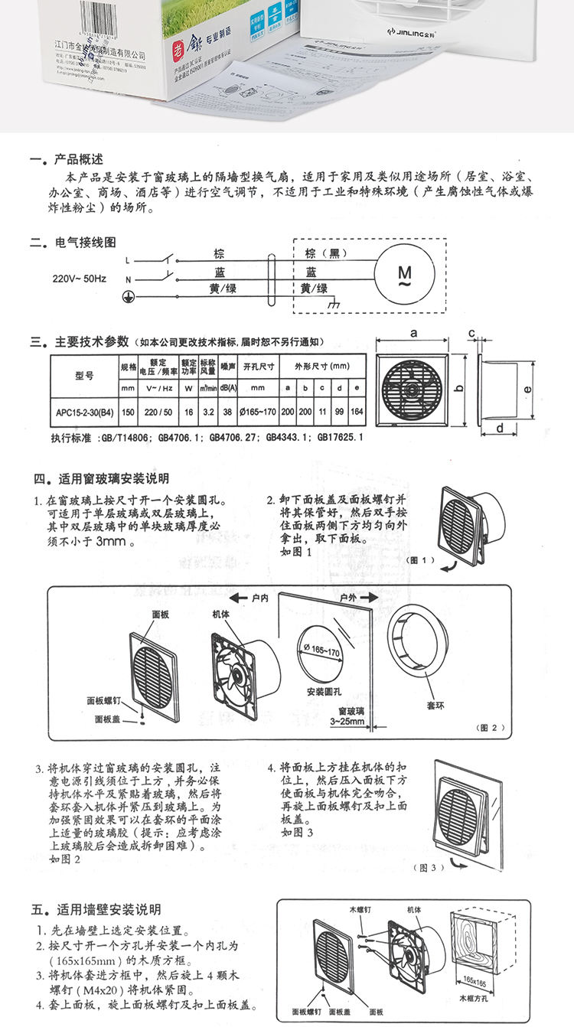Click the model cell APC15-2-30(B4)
[x=84, y=412]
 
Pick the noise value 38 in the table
[x=227, y=412]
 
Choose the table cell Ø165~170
[x=256, y=412]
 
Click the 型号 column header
[x=84, y=376]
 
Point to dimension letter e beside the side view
[x=527, y=389]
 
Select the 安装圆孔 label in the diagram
[x=322, y=691]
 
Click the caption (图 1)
[x=422, y=560]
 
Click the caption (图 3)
[x=428, y=868]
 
